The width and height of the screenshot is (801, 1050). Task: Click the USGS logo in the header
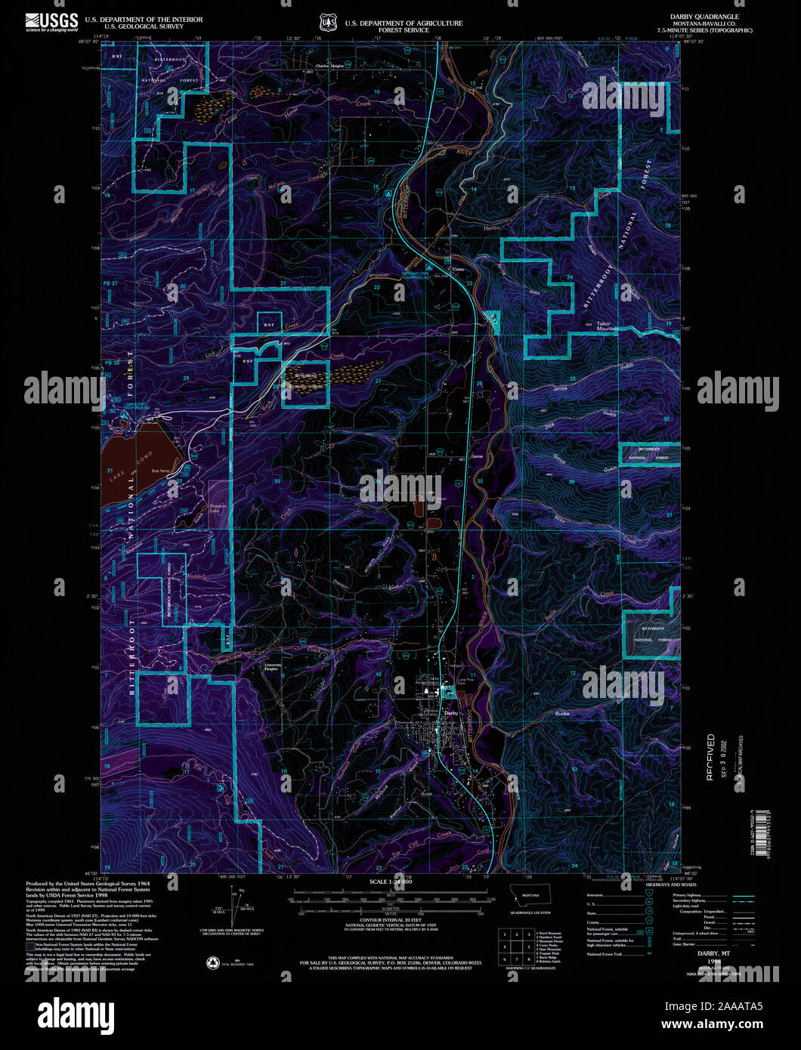pyautogui.click(x=51, y=22)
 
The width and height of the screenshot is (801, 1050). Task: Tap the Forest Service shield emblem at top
pyautogui.click(x=327, y=23)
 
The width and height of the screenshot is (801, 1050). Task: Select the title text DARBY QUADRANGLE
pyautogui.click(x=704, y=16)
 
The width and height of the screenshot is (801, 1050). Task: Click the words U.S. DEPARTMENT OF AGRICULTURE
pyautogui.click(x=404, y=23)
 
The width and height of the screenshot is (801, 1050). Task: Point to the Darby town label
pyautogui.click(x=451, y=712)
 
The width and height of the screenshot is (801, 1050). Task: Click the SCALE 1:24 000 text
pyautogui.click(x=391, y=882)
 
